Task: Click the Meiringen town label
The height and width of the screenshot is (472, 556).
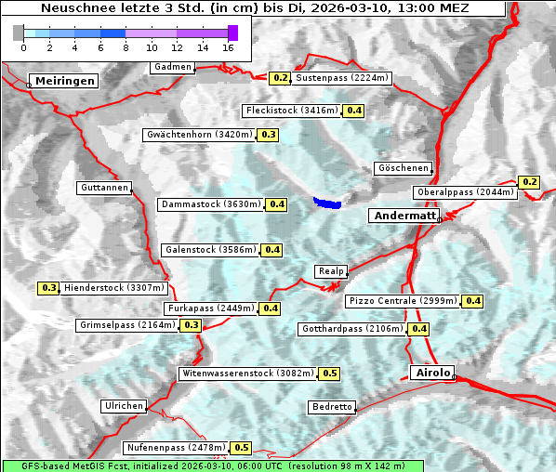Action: (65, 81)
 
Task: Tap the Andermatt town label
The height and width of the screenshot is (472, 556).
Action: (404, 216)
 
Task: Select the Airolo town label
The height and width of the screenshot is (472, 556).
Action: (432, 373)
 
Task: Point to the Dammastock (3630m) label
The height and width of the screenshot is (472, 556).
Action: (210, 204)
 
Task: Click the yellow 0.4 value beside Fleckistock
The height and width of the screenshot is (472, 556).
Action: (353, 111)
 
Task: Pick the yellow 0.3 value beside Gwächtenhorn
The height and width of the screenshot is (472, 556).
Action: (268, 135)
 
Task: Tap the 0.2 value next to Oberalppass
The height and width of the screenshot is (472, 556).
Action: (529, 182)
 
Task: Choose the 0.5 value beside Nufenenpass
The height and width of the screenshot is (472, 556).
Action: (242, 448)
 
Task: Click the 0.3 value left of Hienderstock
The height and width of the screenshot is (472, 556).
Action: (49, 288)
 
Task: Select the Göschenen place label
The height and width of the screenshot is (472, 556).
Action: (404, 168)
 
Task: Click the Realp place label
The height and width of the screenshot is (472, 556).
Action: (331, 271)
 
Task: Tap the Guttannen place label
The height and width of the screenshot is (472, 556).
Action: (104, 188)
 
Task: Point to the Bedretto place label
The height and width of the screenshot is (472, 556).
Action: (332, 407)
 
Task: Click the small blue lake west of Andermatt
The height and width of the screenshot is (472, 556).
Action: (327, 202)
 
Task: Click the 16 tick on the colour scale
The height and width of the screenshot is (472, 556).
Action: (229, 47)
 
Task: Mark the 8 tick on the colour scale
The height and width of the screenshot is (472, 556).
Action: (126, 47)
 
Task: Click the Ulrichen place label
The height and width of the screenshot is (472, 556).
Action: (124, 406)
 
